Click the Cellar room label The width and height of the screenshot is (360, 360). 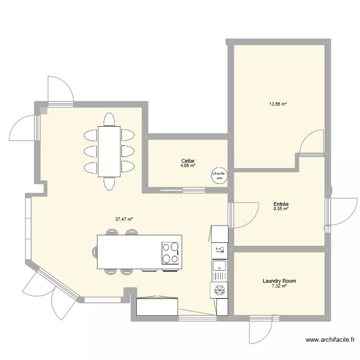[x=188, y=161]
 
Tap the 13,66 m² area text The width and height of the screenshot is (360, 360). [x=278, y=104]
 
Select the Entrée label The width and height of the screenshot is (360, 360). [x=281, y=204]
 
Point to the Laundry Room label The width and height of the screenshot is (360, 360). [x=279, y=281]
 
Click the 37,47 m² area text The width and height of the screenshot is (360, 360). [x=124, y=219]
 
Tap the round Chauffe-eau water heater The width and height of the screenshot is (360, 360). [x=219, y=176]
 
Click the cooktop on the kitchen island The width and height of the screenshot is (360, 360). [x=170, y=253]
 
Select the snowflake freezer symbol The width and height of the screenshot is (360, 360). [x=219, y=290]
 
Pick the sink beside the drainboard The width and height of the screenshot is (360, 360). [x=219, y=265]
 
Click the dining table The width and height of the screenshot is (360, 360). [x=109, y=152]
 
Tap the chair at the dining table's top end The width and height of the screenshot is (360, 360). [x=109, y=120]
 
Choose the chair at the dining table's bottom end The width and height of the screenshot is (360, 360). [x=109, y=184]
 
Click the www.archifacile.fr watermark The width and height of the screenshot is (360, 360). [x=330, y=339]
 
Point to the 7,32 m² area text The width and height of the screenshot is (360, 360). [x=279, y=286]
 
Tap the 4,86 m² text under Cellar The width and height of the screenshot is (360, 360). [x=188, y=165]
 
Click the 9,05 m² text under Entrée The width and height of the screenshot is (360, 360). [x=281, y=209]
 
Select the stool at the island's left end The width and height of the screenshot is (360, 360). [x=95, y=252]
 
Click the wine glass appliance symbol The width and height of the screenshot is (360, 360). [x=219, y=250]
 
